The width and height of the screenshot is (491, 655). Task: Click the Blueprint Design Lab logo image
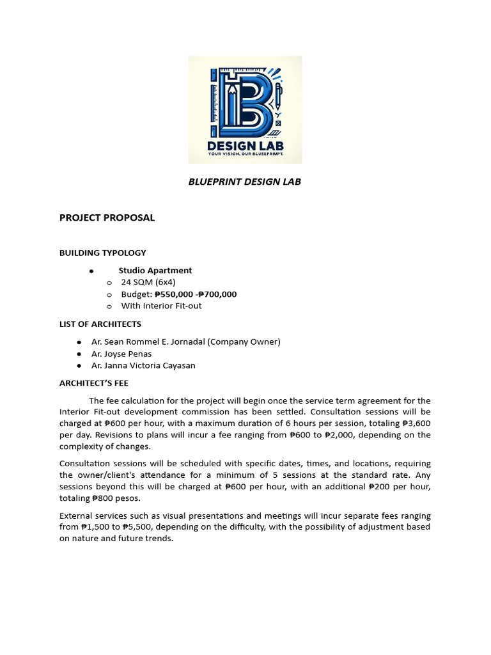[x=245, y=109]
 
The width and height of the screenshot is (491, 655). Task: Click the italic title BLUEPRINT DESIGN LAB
[x=244, y=182]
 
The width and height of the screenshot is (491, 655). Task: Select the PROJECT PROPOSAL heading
[x=107, y=217]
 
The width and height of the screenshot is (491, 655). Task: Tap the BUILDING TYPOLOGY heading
[x=102, y=253]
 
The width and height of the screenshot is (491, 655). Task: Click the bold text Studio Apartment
[x=155, y=271]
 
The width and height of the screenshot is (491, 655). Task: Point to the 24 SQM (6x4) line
[x=148, y=282]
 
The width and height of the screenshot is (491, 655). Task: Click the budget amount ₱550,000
[x=174, y=294]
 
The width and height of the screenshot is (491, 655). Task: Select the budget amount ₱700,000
[x=217, y=294]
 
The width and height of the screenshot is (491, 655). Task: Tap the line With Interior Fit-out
[x=161, y=306]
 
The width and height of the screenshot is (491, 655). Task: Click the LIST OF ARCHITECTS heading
[x=100, y=324]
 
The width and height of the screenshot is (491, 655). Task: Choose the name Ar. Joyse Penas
[x=121, y=354]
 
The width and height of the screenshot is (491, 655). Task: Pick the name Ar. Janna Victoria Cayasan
[x=143, y=366]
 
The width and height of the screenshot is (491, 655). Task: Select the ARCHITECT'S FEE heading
[x=94, y=383]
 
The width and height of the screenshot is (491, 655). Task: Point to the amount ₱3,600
[x=416, y=423]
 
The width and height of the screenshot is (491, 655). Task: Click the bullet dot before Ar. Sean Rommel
[x=79, y=342]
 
